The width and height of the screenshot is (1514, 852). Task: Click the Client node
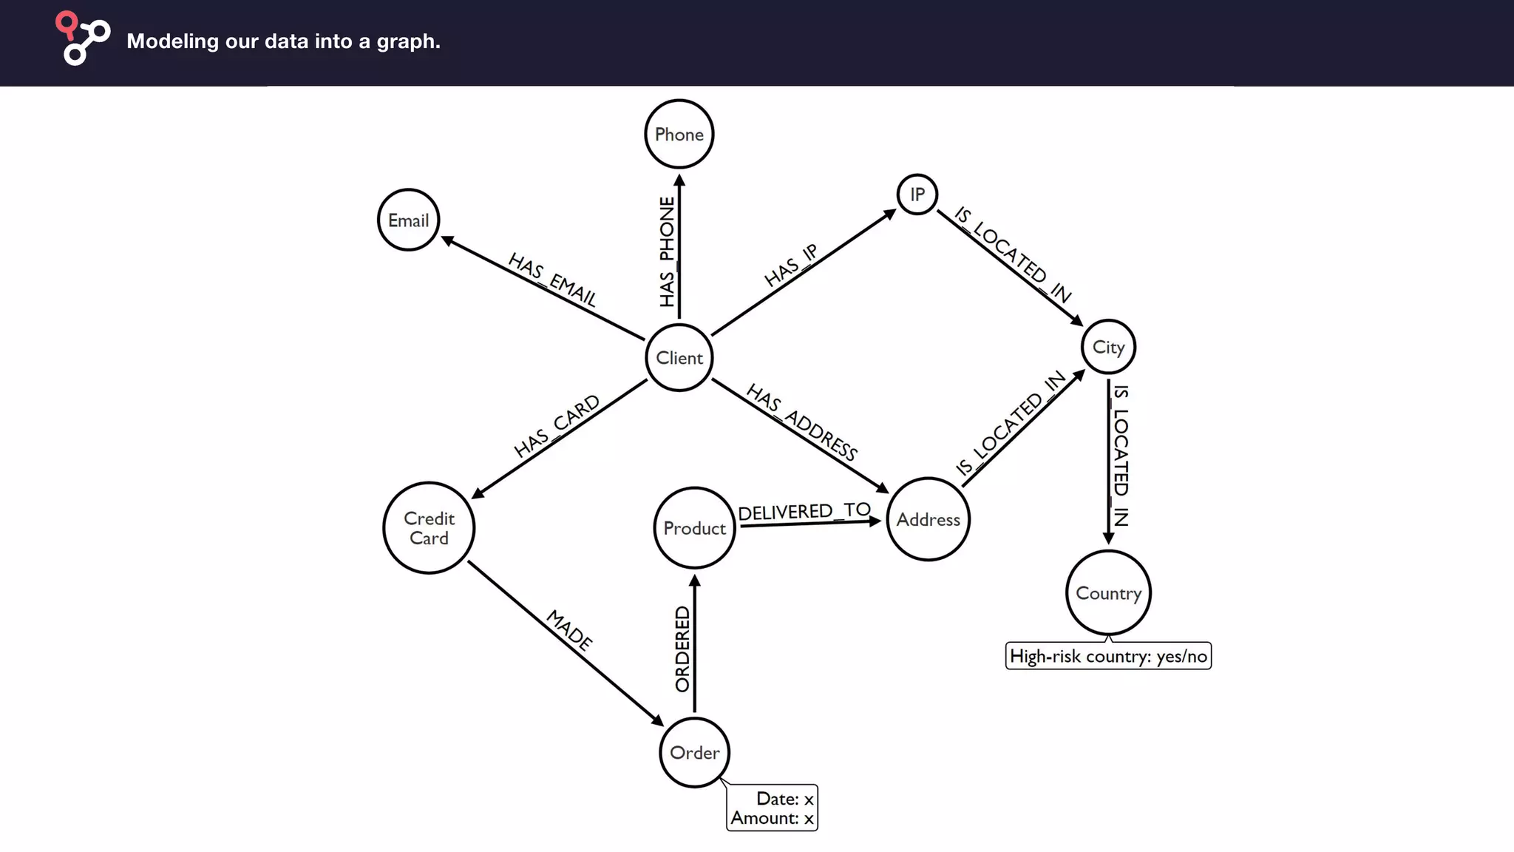pyautogui.click(x=679, y=358)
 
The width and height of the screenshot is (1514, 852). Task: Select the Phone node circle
pyautogui.click(x=679, y=135)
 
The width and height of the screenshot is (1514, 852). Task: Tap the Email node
pyautogui.click(x=408, y=220)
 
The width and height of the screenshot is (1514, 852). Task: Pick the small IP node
pyautogui.click(x=917, y=195)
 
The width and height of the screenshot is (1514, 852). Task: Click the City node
pyautogui.click(x=1108, y=347)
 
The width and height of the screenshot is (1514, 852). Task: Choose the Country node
pyautogui.click(x=1108, y=592)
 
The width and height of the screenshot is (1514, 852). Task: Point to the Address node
pyautogui.click(x=928, y=520)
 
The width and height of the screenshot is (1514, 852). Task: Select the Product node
pyautogui.click(x=694, y=528)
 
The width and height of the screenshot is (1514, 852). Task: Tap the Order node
pyautogui.click(x=694, y=753)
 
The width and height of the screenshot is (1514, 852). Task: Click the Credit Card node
pyautogui.click(x=429, y=528)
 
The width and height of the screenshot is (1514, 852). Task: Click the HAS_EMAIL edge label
pyautogui.click(x=552, y=280)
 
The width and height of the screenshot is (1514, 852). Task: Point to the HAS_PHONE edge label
pyautogui.click(x=667, y=251)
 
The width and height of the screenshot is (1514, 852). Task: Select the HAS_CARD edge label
pyautogui.click(x=557, y=426)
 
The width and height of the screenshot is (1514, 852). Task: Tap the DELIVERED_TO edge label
pyautogui.click(x=804, y=512)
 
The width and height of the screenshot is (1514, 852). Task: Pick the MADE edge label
pyautogui.click(x=569, y=629)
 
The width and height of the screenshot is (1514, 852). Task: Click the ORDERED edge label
pyautogui.click(x=682, y=649)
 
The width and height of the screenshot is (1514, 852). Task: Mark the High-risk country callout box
pyautogui.click(x=1108, y=656)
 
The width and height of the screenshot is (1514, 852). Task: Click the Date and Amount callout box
pyautogui.click(x=772, y=808)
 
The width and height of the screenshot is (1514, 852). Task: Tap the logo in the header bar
pyautogui.click(x=82, y=38)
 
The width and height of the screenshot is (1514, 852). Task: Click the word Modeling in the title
pyautogui.click(x=172, y=41)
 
